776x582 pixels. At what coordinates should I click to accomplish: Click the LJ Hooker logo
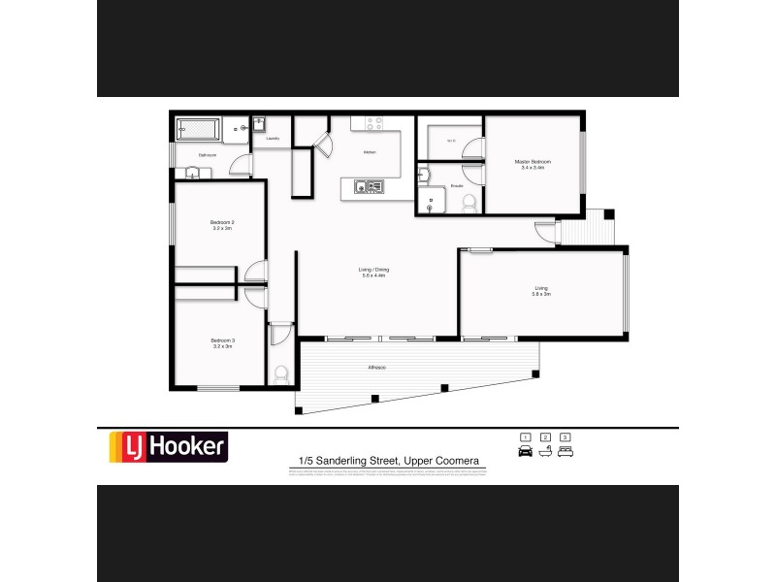click(x=167, y=446)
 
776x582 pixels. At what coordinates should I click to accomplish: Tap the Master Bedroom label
click(x=533, y=164)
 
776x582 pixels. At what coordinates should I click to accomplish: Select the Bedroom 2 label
click(x=223, y=225)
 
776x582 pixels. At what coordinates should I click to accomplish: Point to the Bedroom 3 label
click(x=223, y=342)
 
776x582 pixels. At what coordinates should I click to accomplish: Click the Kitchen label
click(x=370, y=152)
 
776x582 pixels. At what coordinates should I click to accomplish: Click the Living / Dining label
click(x=374, y=272)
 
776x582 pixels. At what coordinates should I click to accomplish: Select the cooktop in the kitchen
click(x=376, y=123)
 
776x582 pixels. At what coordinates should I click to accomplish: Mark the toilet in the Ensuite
click(x=469, y=202)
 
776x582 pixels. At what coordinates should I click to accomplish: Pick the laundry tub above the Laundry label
click(x=261, y=124)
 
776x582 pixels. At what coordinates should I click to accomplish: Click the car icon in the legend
click(x=526, y=451)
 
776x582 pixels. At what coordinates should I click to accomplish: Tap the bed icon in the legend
click(x=566, y=451)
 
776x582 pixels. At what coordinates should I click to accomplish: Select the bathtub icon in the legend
click(x=545, y=451)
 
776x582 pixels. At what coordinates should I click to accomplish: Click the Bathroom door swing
click(x=240, y=165)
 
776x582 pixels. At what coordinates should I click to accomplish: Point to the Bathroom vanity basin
click(x=192, y=174)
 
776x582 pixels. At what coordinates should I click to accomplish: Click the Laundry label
click(x=273, y=139)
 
